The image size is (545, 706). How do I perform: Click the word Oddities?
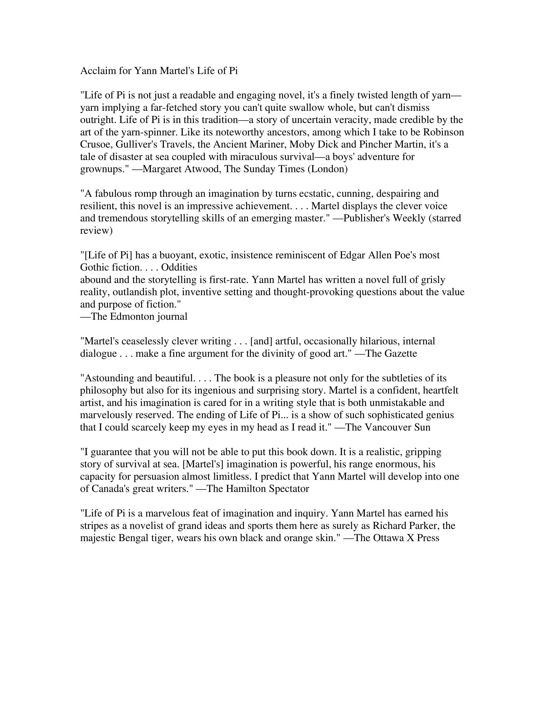(x=179, y=267)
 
